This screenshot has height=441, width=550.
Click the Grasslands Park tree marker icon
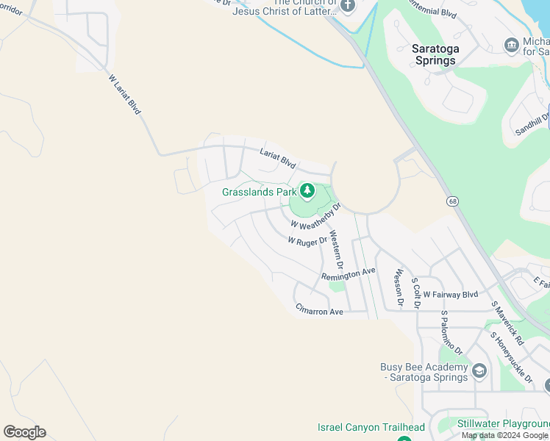tap(307, 192)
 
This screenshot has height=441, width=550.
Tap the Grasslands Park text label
tap(259, 192)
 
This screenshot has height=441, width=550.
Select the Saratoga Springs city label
tap(435, 54)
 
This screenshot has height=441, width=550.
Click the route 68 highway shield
tap(451, 201)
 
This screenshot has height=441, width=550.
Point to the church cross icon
tap(348, 5)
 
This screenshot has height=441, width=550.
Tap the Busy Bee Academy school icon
tap(479, 370)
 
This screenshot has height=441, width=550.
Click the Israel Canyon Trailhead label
tap(371, 427)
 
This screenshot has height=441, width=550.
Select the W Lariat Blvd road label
tap(124, 93)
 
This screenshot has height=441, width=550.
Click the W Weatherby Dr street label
tap(316, 216)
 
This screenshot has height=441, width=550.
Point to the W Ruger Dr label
tap(307, 240)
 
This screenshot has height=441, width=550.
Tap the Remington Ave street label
tap(348, 273)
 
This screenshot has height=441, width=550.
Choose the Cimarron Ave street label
tap(319, 311)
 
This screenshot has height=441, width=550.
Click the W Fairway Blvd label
tap(450, 295)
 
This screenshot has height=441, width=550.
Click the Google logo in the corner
tap(24, 432)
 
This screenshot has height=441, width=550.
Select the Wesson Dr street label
tap(399, 287)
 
